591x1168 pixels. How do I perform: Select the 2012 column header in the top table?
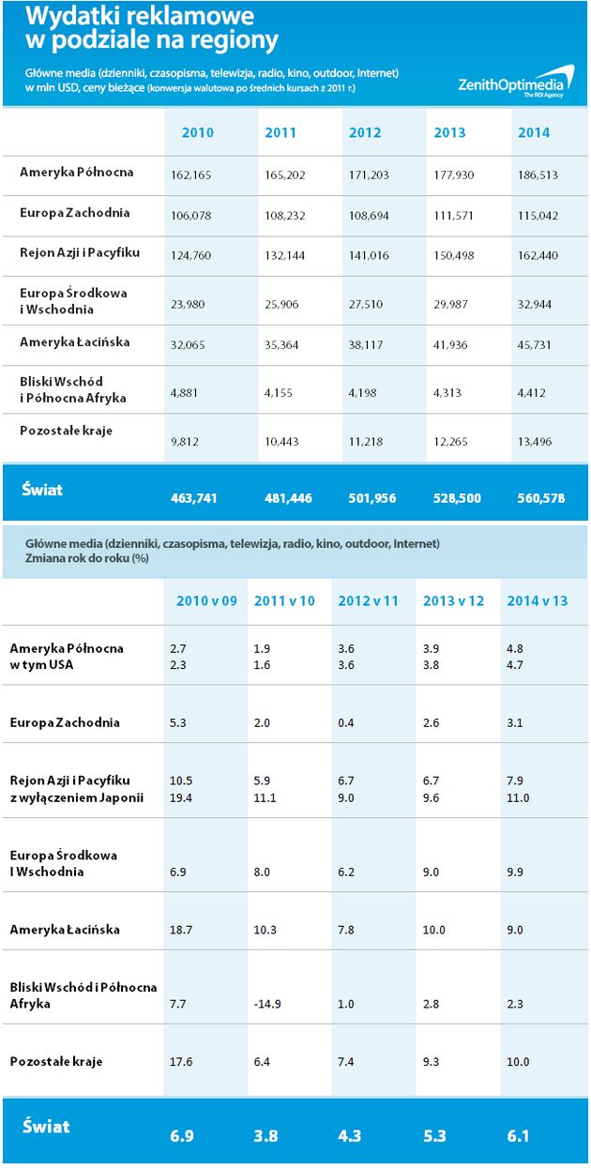point(365,133)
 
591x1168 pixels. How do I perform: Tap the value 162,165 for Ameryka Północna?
point(190,174)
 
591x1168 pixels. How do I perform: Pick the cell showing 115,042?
point(538,216)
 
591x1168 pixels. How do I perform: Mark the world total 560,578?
point(540,498)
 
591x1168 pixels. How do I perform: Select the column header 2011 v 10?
point(284,600)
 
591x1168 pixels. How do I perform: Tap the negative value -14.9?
point(267,1004)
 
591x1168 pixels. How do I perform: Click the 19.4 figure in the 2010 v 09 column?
point(182,797)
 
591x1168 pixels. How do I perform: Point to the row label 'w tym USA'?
point(41,665)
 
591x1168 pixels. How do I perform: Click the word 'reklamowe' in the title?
point(194,16)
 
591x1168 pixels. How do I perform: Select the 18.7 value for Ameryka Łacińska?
point(182,930)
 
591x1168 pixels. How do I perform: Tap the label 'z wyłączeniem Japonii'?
point(70,797)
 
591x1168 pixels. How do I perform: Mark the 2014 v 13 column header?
point(538,600)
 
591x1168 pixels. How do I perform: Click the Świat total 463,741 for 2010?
point(193,498)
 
